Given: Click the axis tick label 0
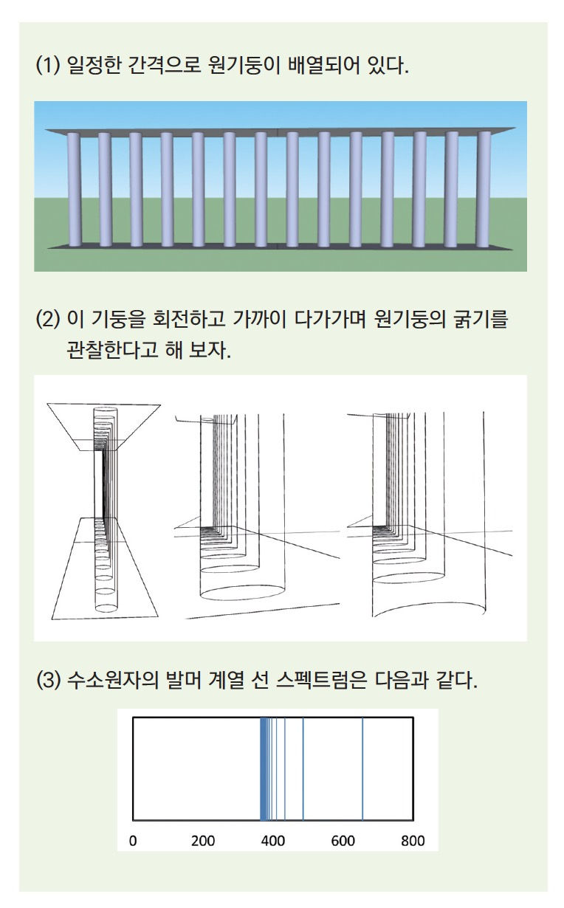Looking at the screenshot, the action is [x=133, y=841].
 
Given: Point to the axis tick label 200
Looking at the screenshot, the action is [x=202, y=841].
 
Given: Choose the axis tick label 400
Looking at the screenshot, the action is [x=273, y=841].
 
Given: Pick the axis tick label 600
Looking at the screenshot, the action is [x=343, y=841].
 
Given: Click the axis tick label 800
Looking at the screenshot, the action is [x=413, y=841].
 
